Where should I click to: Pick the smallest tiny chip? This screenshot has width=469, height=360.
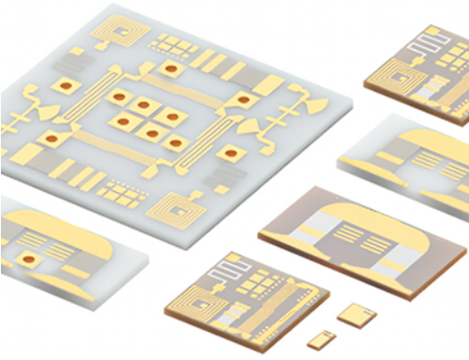(x=320, y=340)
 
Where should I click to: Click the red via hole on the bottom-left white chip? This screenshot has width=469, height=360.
(x=30, y=261)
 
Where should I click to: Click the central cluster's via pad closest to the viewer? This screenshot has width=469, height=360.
(x=152, y=135)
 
